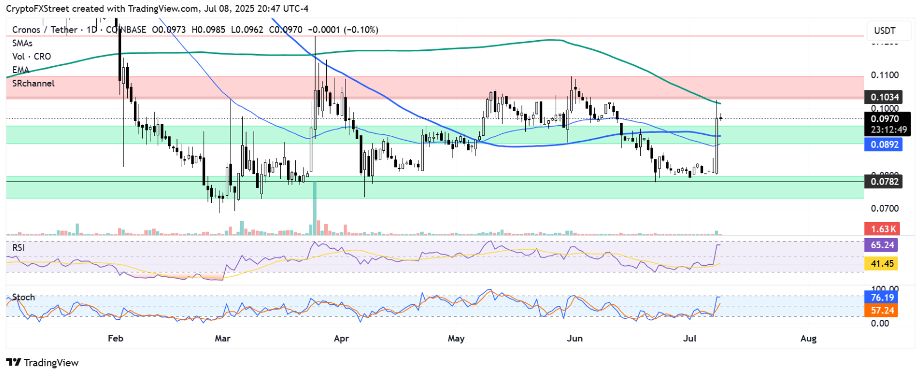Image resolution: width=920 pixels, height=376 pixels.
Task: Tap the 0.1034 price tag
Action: pyautogui.click(x=885, y=97)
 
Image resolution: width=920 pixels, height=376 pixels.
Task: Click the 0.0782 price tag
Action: pyautogui.click(x=885, y=182)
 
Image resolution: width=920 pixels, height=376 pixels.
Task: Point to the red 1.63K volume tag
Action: pyautogui.click(x=883, y=229)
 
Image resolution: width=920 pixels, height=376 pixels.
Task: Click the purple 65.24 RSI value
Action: pyautogui.click(x=882, y=245)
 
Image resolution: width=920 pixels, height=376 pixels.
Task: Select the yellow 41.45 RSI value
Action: pyautogui.click(x=882, y=263)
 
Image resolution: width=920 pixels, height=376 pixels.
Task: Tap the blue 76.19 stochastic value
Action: pyautogui.click(x=882, y=297)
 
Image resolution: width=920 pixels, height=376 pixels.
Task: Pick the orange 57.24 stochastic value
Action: pyautogui.click(x=882, y=310)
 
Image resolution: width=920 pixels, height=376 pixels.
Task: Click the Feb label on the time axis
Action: pyautogui.click(x=116, y=338)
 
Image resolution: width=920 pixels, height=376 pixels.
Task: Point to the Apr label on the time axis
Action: pyautogui.click(x=341, y=338)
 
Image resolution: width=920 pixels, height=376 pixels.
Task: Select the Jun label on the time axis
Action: pyautogui.click(x=574, y=338)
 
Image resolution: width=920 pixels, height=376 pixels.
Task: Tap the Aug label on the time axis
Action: pyautogui.click(x=808, y=338)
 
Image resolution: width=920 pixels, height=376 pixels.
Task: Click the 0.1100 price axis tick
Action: pyautogui.click(x=885, y=75)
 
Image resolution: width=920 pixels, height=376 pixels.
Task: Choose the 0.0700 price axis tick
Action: pyautogui.click(x=885, y=208)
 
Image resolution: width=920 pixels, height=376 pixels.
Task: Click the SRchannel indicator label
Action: pyautogui.click(x=33, y=83)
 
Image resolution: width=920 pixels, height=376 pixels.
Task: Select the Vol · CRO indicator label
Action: pyautogui.click(x=32, y=57)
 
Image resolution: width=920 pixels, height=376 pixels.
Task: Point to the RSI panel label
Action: pyautogui.click(x=18, y=248)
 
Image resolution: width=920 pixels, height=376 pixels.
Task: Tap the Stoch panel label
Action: pyautogui.click(x=23, y=297)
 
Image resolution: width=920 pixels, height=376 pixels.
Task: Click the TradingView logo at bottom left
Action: pyautogui.click(x=43, y=363)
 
